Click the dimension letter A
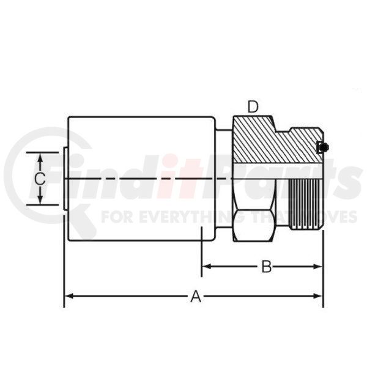(x=196, y=296)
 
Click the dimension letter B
(x=266, y=267)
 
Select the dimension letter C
(x=40, y=179)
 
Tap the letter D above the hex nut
(x=253, y=106)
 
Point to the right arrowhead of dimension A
(x=318, y=296)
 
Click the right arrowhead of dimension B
(x=318, y=266)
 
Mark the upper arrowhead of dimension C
(x=40, y=158)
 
